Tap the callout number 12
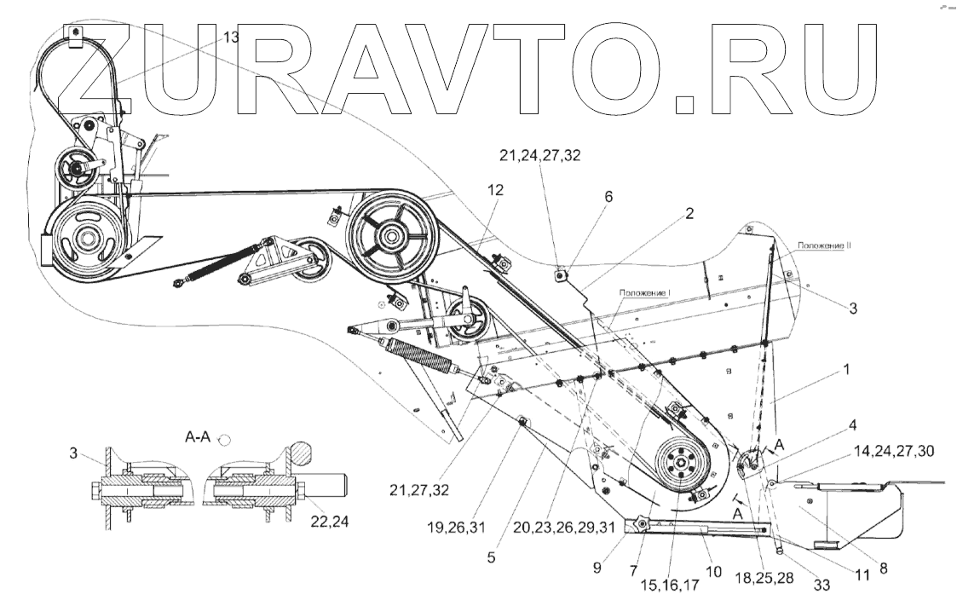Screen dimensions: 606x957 [495, 191]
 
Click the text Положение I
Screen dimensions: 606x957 [646, 293]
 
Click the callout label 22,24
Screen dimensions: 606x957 [322, 511]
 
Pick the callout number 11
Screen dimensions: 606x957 [862, 575]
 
